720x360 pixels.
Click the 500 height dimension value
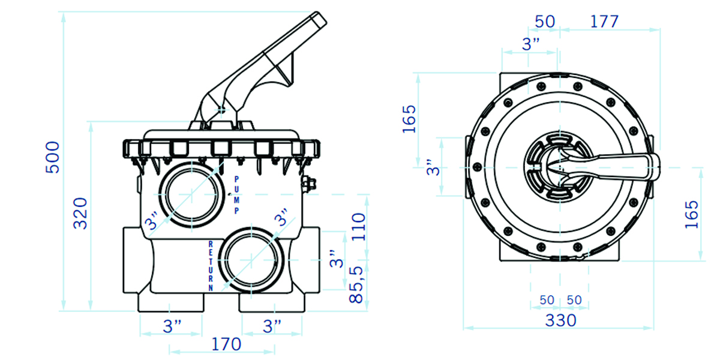53,157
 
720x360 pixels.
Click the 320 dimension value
80,214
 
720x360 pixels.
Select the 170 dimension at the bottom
226,344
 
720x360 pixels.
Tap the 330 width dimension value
561,320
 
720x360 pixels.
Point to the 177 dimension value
605,22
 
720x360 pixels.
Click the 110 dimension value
359,227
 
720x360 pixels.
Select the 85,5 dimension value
356,285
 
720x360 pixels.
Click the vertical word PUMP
237,195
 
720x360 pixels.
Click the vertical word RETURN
211,266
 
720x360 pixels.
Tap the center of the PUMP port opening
191,194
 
